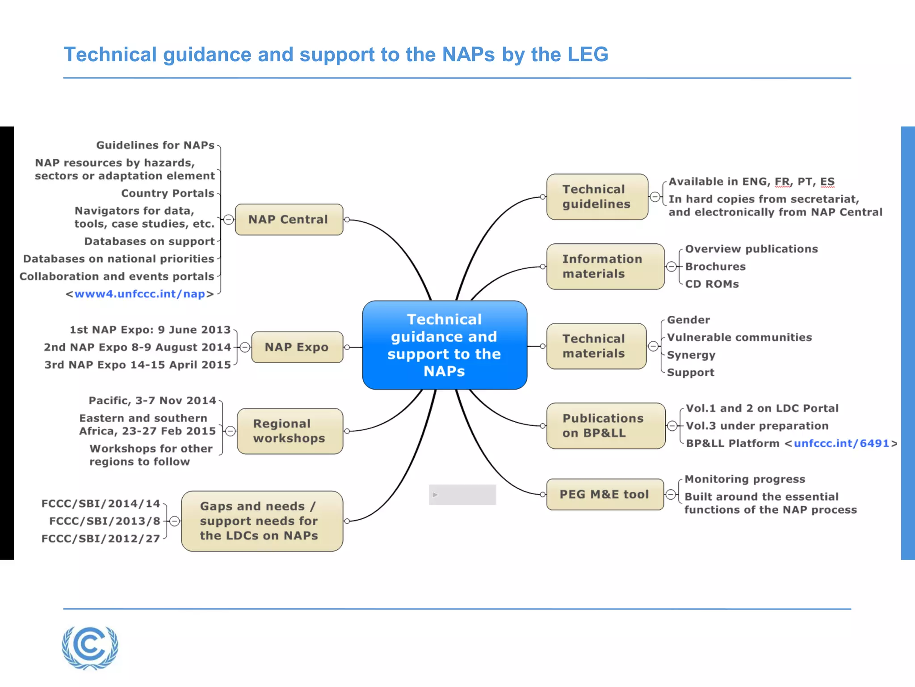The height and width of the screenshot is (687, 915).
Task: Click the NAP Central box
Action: (x=289, y=220)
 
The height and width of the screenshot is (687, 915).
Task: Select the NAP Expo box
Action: (x=297, y=347)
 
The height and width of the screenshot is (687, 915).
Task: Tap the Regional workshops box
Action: (x=290, y=431)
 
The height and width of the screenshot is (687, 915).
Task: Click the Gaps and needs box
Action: (x=262, y=521)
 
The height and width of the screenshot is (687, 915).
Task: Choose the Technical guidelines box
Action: (x=597, y=197)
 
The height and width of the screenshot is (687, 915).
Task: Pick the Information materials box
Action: (x=605, y=267)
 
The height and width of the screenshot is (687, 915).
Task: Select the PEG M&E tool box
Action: (x=604, y=494)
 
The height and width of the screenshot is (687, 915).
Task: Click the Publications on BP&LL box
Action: (x=605, y=426)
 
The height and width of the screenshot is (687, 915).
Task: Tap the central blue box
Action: (x=445, y=345)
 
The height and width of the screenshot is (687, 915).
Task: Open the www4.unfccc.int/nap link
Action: (x=139, y=294)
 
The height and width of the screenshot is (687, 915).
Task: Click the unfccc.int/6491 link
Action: (x=841, y=443)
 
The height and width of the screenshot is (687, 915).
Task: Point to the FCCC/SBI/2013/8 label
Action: (x=105, y=521)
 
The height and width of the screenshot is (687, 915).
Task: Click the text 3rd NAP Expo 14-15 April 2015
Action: (x=138, y=365)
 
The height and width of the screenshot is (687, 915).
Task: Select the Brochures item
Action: (x=715, y=267)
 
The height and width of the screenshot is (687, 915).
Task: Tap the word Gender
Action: (x=688, y=320)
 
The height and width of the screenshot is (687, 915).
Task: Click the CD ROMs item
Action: (x=712, y=284)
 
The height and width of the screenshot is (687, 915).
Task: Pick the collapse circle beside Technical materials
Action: (x=653, y=346)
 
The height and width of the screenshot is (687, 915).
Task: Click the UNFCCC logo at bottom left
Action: (x=90, y=647)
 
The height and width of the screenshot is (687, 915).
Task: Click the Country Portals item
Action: (x=168, y=193)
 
